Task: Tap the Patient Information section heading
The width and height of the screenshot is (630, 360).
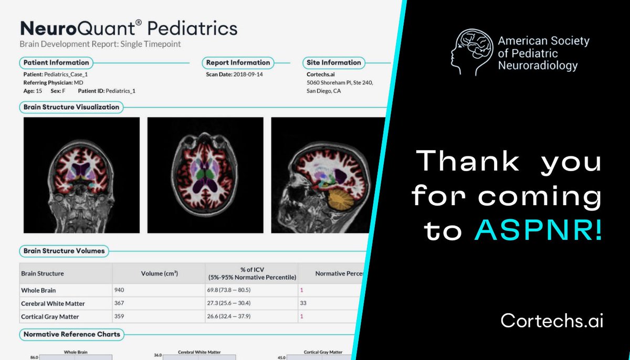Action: click(57, 62)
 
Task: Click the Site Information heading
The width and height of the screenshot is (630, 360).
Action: click(333, 62)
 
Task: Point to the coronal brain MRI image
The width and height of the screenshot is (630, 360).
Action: click(82, 175)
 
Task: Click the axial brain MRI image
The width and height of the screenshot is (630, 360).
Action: click(205, 175)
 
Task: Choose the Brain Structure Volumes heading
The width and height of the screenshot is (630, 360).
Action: click(64, 251)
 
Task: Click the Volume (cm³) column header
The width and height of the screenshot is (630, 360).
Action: click(159, 273)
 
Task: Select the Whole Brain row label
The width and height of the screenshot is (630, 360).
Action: click(38, 290)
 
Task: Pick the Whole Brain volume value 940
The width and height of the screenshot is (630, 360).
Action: click(121, 290)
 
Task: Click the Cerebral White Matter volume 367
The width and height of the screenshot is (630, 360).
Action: click(121, 303)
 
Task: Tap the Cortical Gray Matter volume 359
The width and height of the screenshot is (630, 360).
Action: click(121, 317)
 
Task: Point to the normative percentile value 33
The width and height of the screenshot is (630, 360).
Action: click(303, 303)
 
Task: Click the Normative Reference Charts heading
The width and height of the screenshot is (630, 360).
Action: click(71, 334)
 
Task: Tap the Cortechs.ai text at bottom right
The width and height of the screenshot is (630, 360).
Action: click(552, 320)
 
